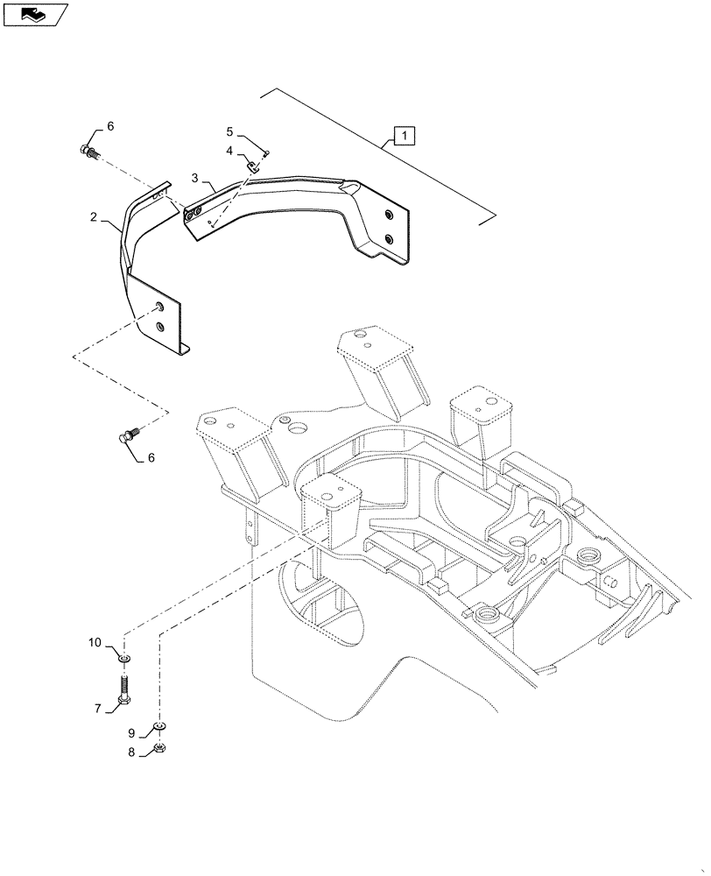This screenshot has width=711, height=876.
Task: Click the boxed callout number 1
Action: coord(404,136)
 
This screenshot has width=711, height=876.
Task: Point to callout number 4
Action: coord(229,152)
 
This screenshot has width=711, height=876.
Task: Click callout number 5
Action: coord(229,132)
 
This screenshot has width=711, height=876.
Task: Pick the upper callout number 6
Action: coord(110,127)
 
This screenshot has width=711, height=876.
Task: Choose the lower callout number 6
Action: coord(151,457)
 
